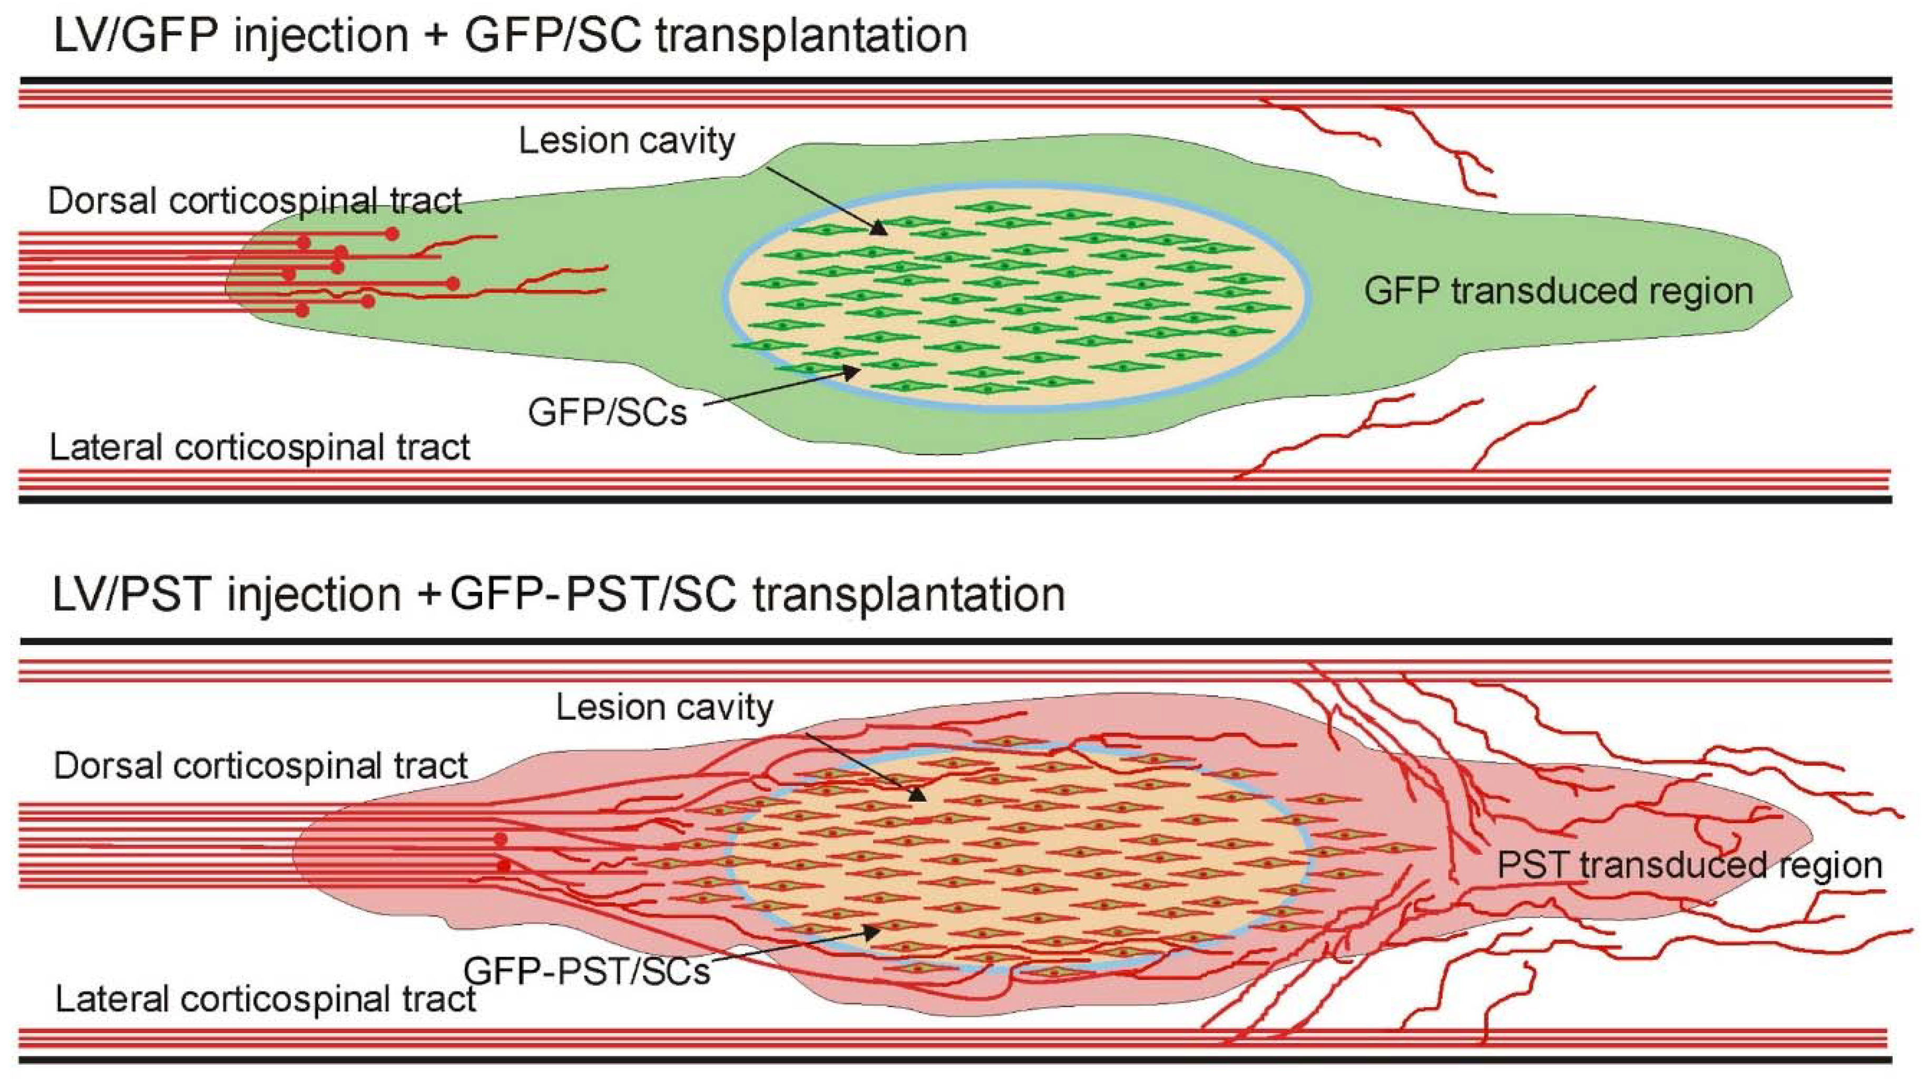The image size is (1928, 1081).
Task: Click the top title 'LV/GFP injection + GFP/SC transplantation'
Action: (x=511, y=35)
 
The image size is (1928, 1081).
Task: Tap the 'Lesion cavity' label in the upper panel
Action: (x=627, y=141)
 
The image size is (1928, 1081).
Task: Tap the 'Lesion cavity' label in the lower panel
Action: (x=664, y=707)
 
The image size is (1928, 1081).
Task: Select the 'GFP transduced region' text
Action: (x=1558, y=290)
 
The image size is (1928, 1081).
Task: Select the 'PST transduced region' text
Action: (x=1689, y=865)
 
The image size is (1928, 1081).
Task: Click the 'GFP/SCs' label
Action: (x=607, y=412)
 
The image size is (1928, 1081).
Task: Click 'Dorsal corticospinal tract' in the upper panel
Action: (x=255, y=201)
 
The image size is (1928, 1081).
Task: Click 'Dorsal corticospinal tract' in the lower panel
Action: (x=260, y=766)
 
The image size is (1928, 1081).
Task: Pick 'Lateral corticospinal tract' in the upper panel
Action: (x=259, y=447)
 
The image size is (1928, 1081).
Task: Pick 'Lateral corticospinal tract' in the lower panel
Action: (x=265, y=999)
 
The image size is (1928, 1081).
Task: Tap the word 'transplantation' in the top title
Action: (x=811, y=35)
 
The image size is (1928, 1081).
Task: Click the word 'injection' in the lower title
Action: (x=315, y=595)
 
